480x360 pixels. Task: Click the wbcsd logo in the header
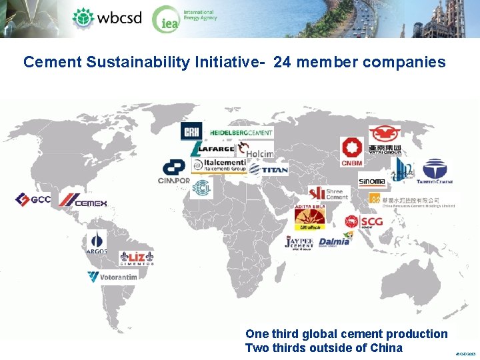(107, 17)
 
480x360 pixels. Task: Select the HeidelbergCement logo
(241, 133)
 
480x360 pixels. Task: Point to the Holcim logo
(256, 152)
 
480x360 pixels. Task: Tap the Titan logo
(269, 170)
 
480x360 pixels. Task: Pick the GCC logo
(33, 199)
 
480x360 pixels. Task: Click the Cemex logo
(83, 200)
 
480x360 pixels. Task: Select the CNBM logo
(351, 152)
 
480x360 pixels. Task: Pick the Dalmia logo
(334, 241)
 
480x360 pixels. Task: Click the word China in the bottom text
(386, 348)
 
